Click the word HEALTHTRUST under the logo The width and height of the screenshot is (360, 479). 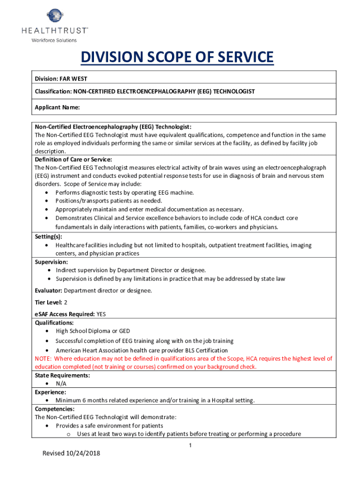pyautogui.click(x=54, y=30)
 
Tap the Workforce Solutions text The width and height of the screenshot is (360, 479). pyautogui.click(x=54, y=40)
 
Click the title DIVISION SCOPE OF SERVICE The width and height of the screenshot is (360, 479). pyautogui.click(x=177, y=58)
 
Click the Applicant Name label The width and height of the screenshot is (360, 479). pyautogui.click(x=57, y=107)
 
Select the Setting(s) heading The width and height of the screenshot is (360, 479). pyautogui.click(x=48, y=237)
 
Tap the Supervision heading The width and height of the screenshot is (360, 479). pyautogui.click(x=51, y=262)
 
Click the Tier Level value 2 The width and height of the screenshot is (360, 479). pyautogui.click(x=65, y=302)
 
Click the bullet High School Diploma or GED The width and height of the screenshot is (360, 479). pyautogui.click(x=93, y=331)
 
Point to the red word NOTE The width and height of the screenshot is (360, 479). pyautogui.click(x=43, y=359)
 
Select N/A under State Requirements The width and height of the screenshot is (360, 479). pyautogui.click(x=61, y=384)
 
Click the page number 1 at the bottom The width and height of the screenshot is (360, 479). pyautogui.click(x=190, y=445)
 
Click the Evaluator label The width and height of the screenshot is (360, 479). pyautogui.click(x=49, y=290)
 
